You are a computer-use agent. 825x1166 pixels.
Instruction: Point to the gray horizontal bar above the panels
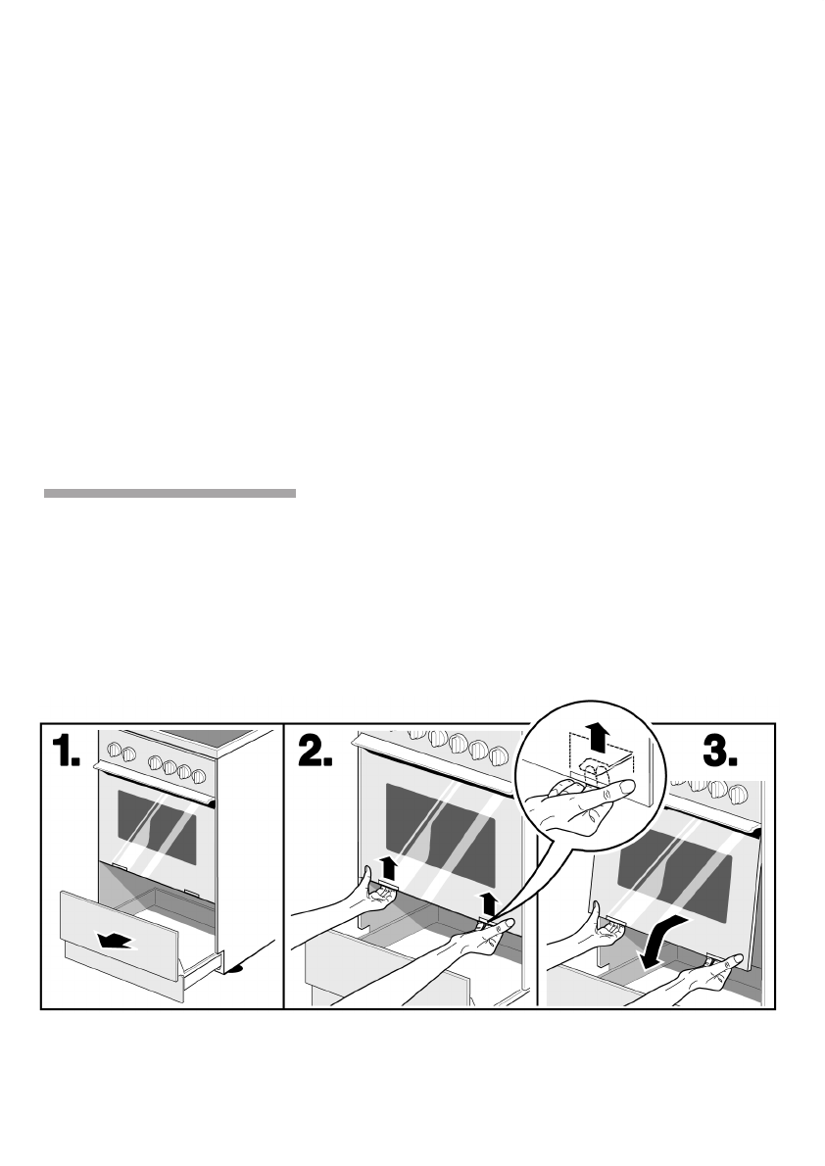pyautogui.click(x=170, y=494)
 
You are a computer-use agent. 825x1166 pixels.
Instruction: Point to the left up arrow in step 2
pyautogui.click(x=389, y=866)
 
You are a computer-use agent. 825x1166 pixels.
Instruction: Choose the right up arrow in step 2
pyautogui.click(x=490, y=902)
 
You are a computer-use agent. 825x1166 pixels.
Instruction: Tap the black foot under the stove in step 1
pyautogui.click(x=234, y=972)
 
